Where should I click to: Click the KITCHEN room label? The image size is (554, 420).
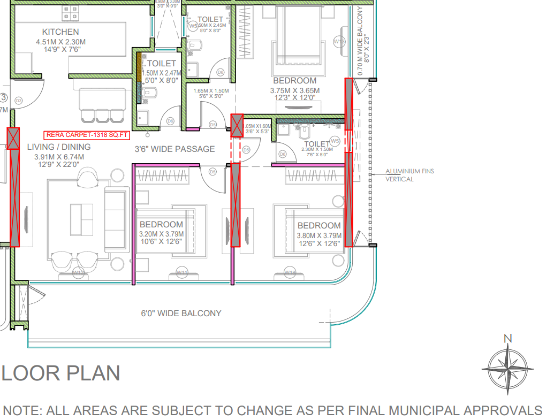(60, 32)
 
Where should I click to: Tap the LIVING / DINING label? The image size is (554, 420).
(59, 147)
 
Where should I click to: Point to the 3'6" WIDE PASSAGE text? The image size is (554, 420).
(174, 149)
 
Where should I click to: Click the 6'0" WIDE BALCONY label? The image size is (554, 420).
(181, 313)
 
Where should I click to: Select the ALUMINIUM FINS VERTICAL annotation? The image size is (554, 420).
(409, 175)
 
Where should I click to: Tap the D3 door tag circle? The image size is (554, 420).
(19, 101)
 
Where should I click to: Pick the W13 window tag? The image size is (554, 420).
(339, 41)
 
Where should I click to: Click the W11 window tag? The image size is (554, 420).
(183, 273)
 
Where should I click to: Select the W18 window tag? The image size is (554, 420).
(290, 273)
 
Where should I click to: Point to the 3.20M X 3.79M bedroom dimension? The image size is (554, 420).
(161, 234)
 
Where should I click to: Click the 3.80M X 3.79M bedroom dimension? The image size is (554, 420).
(319, 235)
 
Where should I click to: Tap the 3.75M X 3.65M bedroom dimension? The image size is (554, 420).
(294, 90)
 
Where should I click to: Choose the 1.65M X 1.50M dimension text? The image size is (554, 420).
(211, 91)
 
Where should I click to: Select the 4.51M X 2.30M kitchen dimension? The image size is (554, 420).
(60, 42)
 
